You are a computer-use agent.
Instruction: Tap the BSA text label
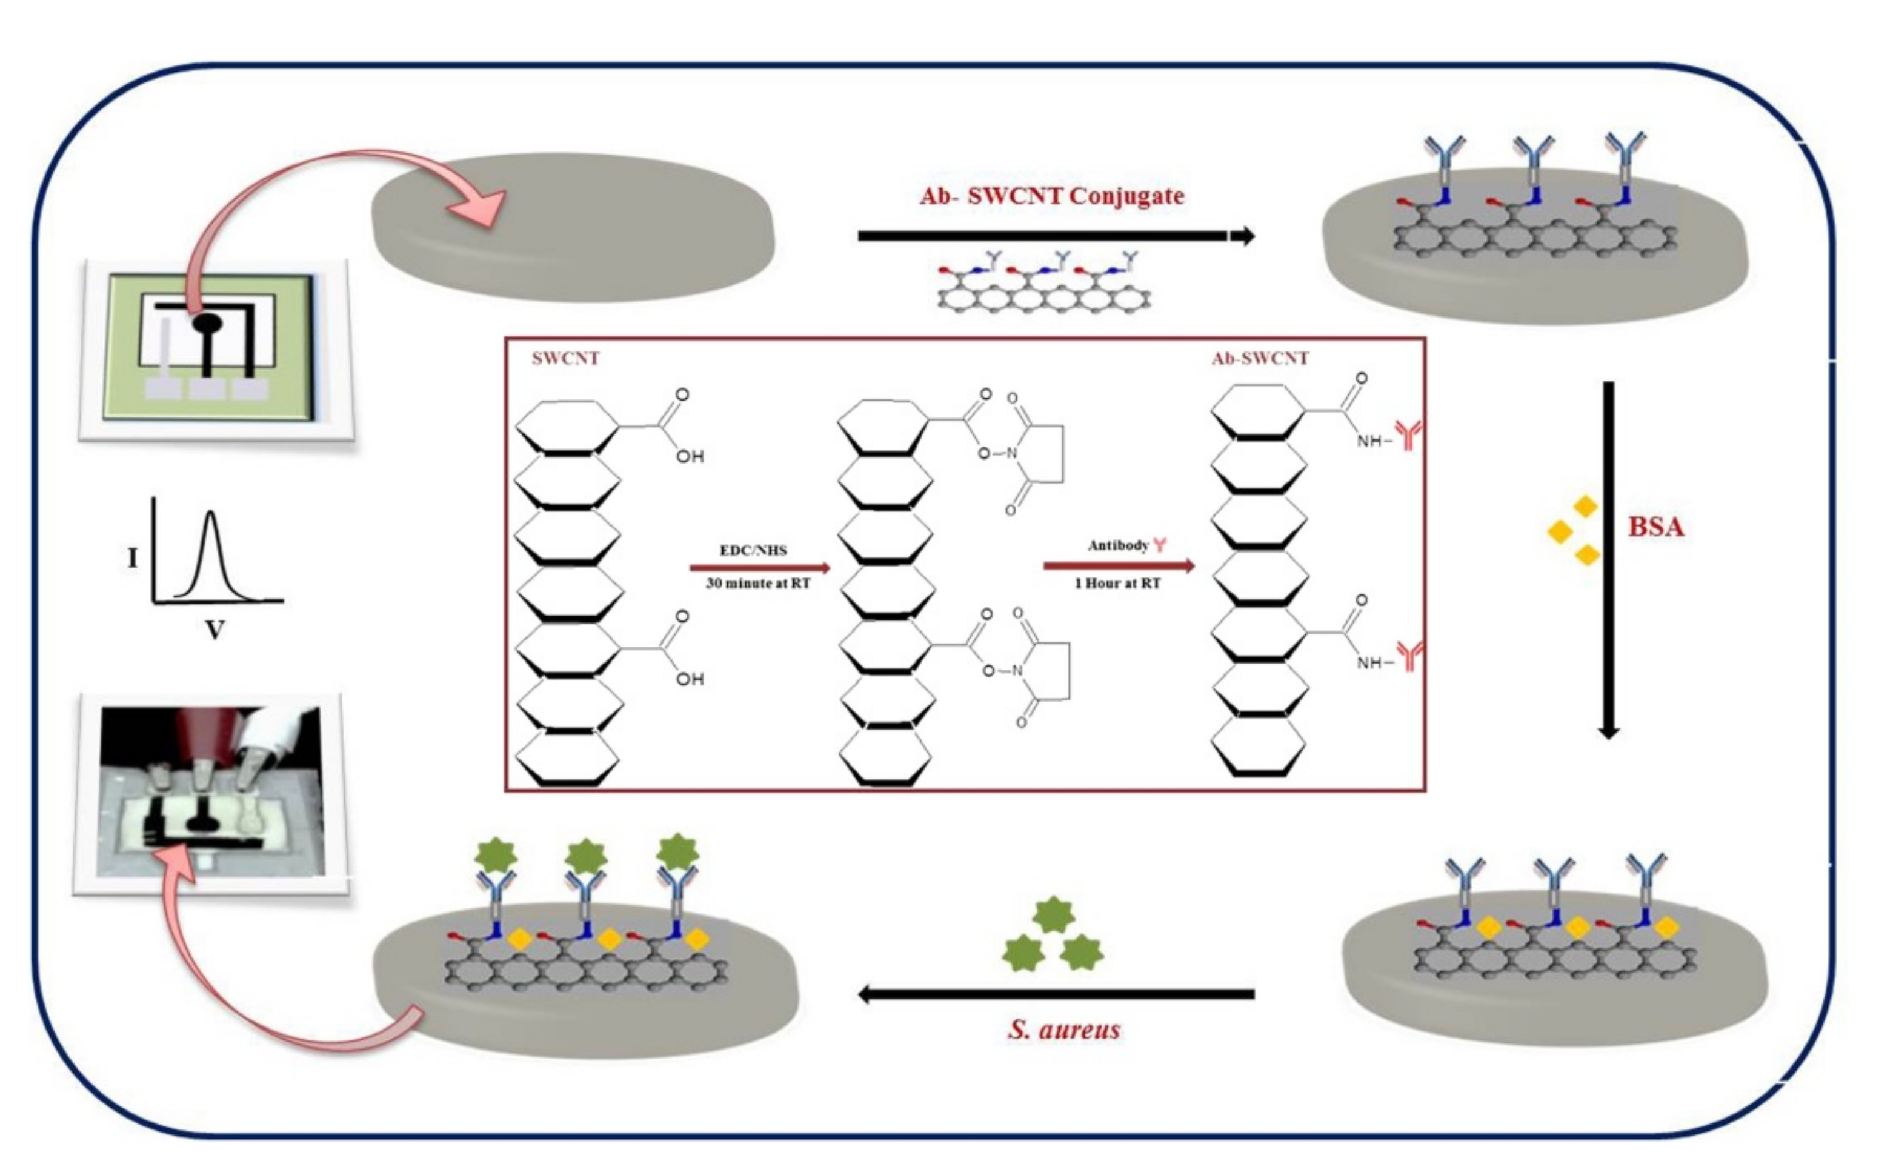pos(1655,527)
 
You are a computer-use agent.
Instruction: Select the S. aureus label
pos(1064,1030)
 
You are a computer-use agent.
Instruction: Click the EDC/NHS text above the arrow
pos(753,550)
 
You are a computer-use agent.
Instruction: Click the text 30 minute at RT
pos(757,583)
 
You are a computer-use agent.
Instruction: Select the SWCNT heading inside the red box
pos(565,358)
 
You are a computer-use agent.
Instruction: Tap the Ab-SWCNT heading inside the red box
pos(1260,358)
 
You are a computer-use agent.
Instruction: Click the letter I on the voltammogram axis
pos(133,558)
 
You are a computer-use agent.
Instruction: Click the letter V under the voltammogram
pos(215,631)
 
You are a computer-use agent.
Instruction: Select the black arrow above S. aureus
pos(1056,994)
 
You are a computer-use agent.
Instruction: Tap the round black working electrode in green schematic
pos(207,324)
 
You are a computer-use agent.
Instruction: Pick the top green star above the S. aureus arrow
pos(1053,914)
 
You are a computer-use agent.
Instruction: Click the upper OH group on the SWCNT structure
pos(689,456)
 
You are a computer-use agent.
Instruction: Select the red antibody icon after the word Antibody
pos(1159,545)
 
